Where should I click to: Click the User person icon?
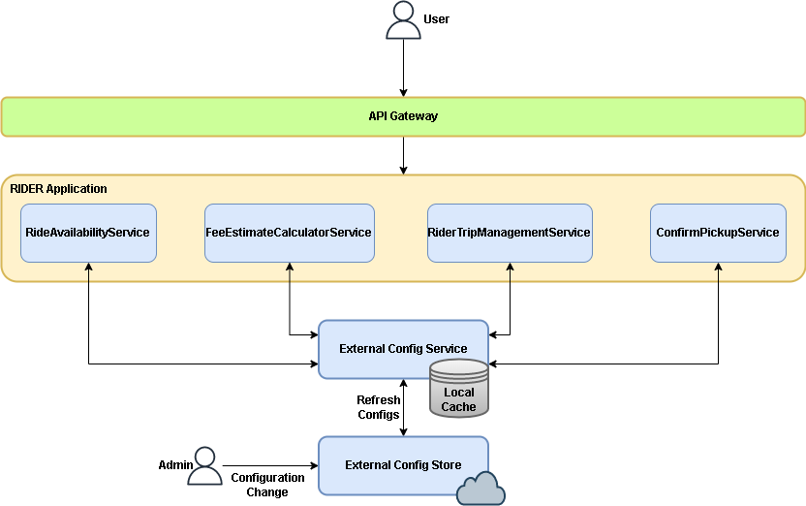(404, 20)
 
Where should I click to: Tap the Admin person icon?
(204, 466)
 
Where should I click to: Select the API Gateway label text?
(403, 116)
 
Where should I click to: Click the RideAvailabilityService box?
(88, 233)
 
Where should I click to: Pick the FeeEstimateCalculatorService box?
(290, 233)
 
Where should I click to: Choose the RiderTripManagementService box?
(510, 233)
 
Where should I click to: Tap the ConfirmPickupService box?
(718, 233)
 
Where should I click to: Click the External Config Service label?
(403, 349)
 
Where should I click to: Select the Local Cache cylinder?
(459, 388)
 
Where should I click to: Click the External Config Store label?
(403, 465)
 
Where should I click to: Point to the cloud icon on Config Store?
(480, 488)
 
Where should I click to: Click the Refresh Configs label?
(379, 407)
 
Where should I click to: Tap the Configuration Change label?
(267, 485)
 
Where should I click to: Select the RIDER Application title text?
(58, 189)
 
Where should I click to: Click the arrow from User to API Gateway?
(404, 68)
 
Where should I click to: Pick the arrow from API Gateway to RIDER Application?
(404, 156)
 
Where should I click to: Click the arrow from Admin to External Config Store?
(270, 466)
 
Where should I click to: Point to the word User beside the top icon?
(436, 19)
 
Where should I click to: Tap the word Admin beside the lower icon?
(175, 465)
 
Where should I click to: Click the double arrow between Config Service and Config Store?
(404, 408)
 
